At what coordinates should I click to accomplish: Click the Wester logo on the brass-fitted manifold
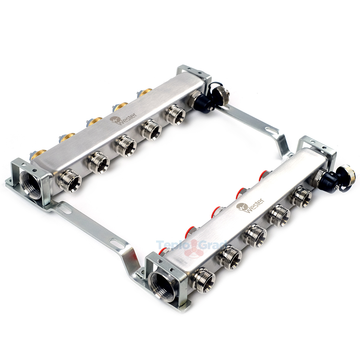124,119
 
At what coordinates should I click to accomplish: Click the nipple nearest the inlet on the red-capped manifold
204,280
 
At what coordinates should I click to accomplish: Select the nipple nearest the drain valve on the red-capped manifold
301,196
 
